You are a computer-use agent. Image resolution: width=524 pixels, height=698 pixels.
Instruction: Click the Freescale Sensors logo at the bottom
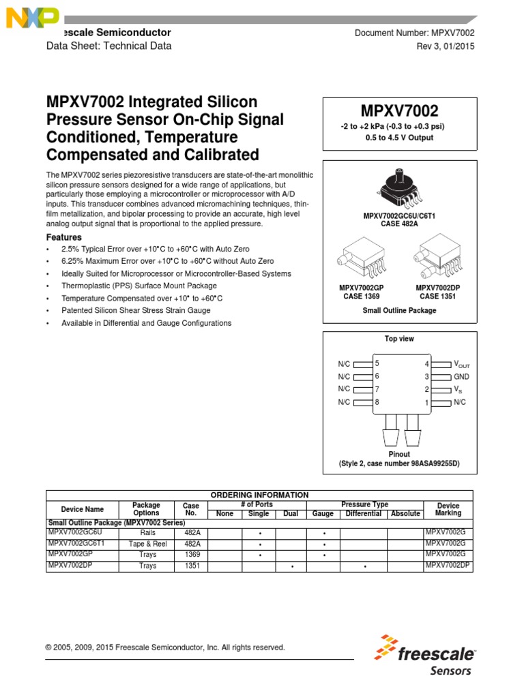click(425, 655)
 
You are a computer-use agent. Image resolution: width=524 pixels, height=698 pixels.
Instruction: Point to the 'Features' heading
click(64, 237)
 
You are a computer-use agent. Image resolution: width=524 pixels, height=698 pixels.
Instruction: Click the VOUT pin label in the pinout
click(462, 365)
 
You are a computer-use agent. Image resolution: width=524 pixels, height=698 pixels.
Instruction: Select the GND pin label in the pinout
click(462, 377)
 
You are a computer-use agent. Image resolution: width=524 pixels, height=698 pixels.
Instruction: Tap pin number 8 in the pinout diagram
click(377, 402)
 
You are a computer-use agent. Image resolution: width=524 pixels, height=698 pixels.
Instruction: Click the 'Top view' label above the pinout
click(399, 339)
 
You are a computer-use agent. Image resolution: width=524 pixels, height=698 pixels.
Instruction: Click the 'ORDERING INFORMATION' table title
click(259, 495)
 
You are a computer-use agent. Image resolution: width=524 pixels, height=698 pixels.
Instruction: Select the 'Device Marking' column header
click(448, 509)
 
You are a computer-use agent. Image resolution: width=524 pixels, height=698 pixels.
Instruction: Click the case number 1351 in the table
click(192, 566)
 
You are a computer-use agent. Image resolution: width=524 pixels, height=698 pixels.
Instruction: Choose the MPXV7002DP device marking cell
click(448, 566)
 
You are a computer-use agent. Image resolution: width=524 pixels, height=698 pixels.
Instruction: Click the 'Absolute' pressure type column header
click(405, 513)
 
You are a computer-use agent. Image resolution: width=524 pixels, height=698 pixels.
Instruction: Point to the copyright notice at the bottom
click(165, 648)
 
